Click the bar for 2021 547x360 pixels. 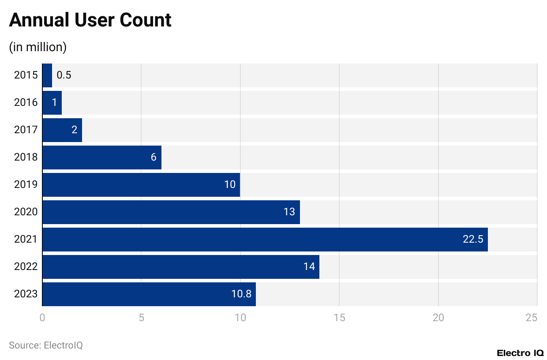point(265,240)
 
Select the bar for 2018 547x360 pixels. point(102,157)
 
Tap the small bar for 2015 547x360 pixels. point(47,75)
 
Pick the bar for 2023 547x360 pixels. point(149,294)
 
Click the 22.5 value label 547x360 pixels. point(473,240)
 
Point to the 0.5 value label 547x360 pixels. point(64,75)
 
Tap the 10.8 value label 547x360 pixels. point(241,294)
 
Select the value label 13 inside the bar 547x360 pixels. point(289,212)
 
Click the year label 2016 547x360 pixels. point(26,103)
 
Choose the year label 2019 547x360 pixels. point(26,185)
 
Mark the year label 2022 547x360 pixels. point(26,267)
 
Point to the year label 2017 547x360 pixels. point(26,130)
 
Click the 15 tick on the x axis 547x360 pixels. point(339,318)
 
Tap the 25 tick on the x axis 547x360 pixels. point(532,318)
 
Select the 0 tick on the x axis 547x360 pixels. point(42,318)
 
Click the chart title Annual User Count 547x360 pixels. point(90,21)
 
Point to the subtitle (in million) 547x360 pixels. point(38,47)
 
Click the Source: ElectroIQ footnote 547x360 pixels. point(46,345)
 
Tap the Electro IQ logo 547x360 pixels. point(520,353)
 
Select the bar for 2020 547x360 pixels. point(171,212)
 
